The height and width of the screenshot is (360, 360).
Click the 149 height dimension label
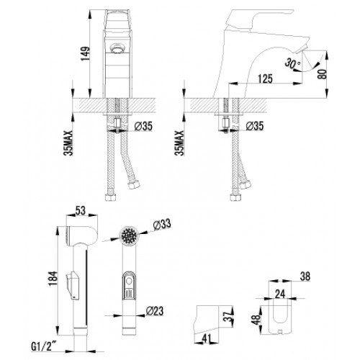[x=86, y=53]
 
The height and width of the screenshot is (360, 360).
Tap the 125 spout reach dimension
[x=265, y=78]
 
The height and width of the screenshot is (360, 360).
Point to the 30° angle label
[x=292, y=63]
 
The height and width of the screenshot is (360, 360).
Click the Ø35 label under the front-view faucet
[x=143, y=126]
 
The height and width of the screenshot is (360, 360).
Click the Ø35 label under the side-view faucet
[x=255, y=126]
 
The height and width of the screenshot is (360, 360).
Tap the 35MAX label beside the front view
[x=68, y=143]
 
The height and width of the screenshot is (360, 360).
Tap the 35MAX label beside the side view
[x=179, y=143]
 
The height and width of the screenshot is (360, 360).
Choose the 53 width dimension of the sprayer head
[x=81, y=210]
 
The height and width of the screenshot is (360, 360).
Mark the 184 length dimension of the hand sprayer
[x=53, y=279]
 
